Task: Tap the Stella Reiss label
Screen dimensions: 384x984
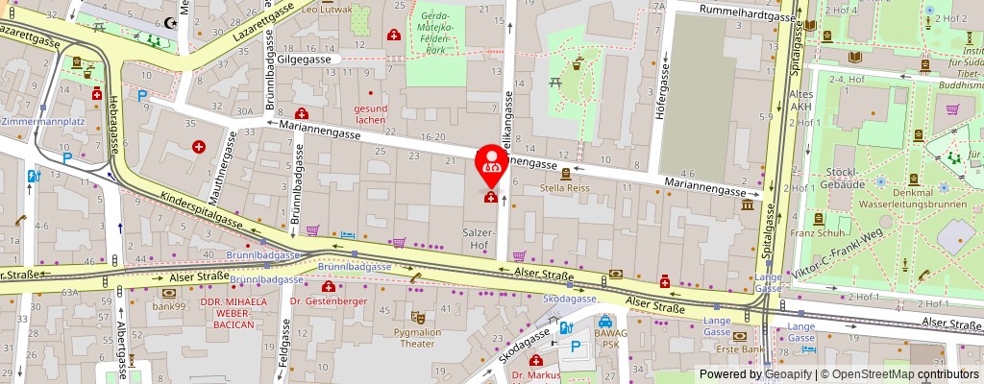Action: click(x=566, y=188)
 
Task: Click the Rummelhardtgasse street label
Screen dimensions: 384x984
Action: click(x=747, y=15)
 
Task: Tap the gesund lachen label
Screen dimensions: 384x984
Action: click(x=370, y=113)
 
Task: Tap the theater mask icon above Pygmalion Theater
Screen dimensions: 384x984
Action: click(x=417, y=316)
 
